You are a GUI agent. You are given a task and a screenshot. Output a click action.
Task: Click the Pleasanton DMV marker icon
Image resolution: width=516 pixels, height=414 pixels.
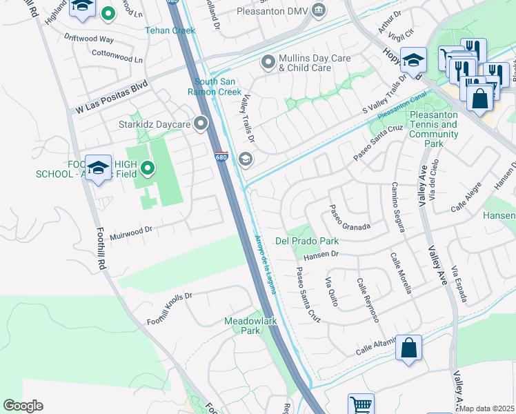pos(318,9)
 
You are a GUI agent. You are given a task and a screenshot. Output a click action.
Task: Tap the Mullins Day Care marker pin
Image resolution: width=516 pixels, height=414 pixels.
pos(268,63)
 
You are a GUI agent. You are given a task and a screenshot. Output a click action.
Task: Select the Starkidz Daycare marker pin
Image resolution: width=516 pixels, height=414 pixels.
pos(201,124)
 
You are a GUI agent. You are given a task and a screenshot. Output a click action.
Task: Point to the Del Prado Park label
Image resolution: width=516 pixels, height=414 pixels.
pos(307,241)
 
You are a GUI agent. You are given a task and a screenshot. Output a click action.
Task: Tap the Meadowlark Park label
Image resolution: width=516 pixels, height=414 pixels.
pos(242,326)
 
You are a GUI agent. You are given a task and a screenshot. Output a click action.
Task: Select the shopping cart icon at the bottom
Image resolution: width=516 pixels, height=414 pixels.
pos(361,404)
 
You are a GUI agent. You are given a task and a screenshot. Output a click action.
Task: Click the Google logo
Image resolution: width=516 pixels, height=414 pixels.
pos(23,406)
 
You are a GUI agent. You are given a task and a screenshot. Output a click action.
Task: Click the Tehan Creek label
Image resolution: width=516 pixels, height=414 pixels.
pos(170,30)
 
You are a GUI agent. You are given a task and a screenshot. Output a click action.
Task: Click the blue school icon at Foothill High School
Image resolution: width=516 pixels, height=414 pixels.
pos(98,168)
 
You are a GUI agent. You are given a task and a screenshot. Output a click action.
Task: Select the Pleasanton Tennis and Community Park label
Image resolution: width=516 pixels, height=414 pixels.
pos(433,129)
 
